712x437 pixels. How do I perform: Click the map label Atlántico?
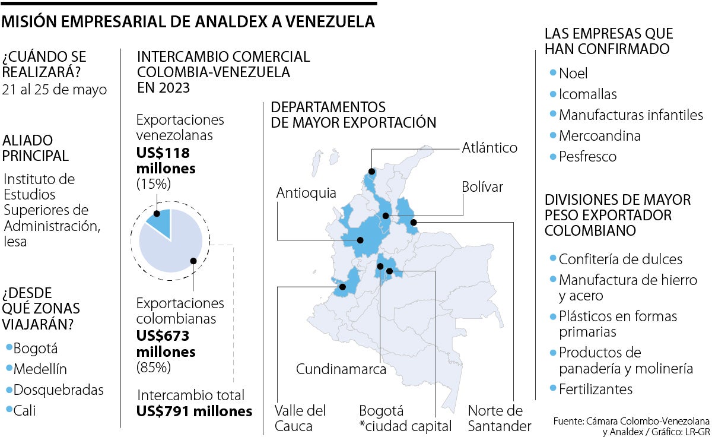point(490,147)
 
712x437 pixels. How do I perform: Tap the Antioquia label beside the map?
point(306,193)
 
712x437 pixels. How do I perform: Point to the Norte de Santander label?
point(500,418)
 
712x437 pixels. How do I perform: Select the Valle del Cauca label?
point(300,418)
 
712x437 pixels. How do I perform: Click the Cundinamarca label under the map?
point(341,369)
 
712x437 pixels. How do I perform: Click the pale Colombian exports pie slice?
point(172,246)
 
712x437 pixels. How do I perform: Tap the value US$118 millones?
point(166,160)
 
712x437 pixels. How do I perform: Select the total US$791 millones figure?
point(194,411)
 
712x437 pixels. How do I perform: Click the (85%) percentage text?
point(154,368)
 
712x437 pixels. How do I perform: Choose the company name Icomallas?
point(587,94)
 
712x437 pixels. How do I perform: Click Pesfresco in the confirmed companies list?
point(587,157)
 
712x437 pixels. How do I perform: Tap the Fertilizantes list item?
point(595,389)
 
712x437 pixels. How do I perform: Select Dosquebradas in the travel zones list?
point(58,390)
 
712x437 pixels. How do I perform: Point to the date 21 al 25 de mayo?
point(55,90)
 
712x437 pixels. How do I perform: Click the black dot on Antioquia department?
point(360,240)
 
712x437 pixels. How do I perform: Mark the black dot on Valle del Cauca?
point(342,287)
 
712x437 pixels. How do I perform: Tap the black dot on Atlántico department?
point(371,172)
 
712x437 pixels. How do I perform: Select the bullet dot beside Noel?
point(553,74)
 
